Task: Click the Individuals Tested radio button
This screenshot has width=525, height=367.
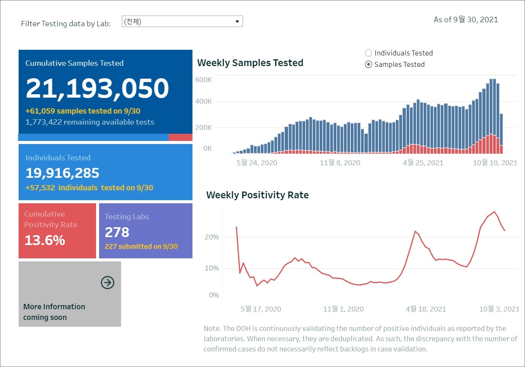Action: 368,53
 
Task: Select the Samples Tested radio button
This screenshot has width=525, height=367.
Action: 368,64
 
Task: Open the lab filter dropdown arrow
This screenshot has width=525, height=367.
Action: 237,21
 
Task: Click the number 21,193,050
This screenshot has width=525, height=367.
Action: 97,88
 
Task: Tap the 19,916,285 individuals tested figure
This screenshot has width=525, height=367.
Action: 62,173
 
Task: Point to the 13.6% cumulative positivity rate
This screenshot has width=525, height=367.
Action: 45,240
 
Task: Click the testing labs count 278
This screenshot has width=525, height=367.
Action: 117,232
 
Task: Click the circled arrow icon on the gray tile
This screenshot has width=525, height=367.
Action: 107,283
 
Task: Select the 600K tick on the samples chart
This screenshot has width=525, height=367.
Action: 203,80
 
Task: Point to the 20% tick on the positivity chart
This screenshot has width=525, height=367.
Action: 212,237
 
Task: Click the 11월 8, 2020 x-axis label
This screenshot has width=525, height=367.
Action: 340,163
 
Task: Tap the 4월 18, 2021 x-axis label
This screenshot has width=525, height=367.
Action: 426,309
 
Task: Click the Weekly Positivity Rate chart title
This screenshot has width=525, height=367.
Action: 257,195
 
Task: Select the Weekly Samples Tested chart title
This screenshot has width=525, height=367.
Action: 250,63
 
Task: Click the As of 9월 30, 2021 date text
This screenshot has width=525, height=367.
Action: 466,20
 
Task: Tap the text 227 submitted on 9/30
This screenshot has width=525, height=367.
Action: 141,247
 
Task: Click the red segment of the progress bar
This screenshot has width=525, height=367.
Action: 180,137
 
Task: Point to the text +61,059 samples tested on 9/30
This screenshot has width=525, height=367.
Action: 83,111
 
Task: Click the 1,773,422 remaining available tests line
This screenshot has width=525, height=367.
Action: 90,122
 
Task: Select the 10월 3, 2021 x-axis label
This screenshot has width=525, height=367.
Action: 499,309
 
